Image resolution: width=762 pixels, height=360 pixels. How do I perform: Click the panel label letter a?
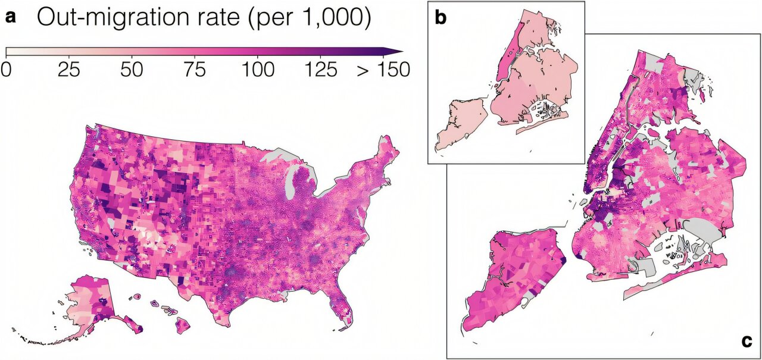pyautogui.click(x=11, y=19)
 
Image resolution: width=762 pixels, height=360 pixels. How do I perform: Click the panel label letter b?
pyautogui.click(x=441, y=18)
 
